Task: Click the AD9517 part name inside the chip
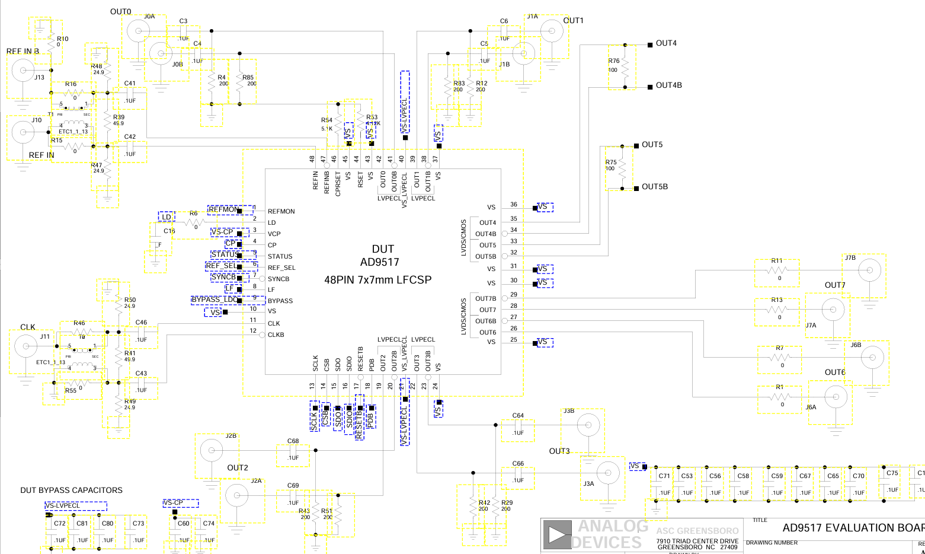379,262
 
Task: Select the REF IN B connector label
23,52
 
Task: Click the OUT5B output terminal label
654,187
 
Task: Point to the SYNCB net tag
224,277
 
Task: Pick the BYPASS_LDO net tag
214,300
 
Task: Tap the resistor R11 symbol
776,270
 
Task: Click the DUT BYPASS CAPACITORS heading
71,491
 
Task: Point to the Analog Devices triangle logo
556,534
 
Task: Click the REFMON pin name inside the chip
281,211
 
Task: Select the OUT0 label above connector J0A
120,12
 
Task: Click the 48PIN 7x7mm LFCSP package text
377,279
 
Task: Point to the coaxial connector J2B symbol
211,451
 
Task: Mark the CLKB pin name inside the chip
276,335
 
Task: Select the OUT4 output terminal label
665,43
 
